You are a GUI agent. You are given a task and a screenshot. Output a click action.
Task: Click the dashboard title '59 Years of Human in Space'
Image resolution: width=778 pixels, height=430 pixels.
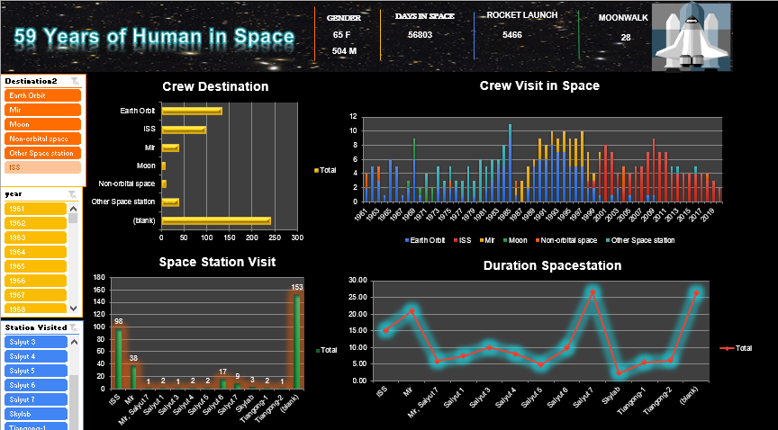(x=154, y=37)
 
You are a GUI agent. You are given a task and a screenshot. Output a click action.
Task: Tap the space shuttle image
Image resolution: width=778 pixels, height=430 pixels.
(x=691, y=36)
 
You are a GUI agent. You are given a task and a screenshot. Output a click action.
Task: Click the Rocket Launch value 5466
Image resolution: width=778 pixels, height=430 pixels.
(x=512, y=35)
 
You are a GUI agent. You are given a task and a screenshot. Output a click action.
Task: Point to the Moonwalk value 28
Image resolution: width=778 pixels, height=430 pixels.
(x=626, y=38)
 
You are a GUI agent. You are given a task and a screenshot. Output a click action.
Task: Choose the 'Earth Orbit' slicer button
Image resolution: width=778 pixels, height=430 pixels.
(x=42, y=95)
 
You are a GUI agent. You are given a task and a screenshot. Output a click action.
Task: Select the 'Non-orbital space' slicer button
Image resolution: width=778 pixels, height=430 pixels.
(x=42, y=139)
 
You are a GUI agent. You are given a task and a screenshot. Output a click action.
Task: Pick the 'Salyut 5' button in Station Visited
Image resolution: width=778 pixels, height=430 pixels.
(x=37, y=371)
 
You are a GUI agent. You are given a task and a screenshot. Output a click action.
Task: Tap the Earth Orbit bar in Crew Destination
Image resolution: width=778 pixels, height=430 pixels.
(x=191, y=111)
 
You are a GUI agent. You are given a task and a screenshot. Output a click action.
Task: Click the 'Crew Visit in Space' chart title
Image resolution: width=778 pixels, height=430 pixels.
(x=539, y=86)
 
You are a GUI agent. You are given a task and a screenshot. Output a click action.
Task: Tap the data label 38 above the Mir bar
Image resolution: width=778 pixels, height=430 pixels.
(x=134, y=357)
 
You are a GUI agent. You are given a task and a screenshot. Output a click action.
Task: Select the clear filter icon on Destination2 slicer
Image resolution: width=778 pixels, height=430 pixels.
(x=76, y=81)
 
